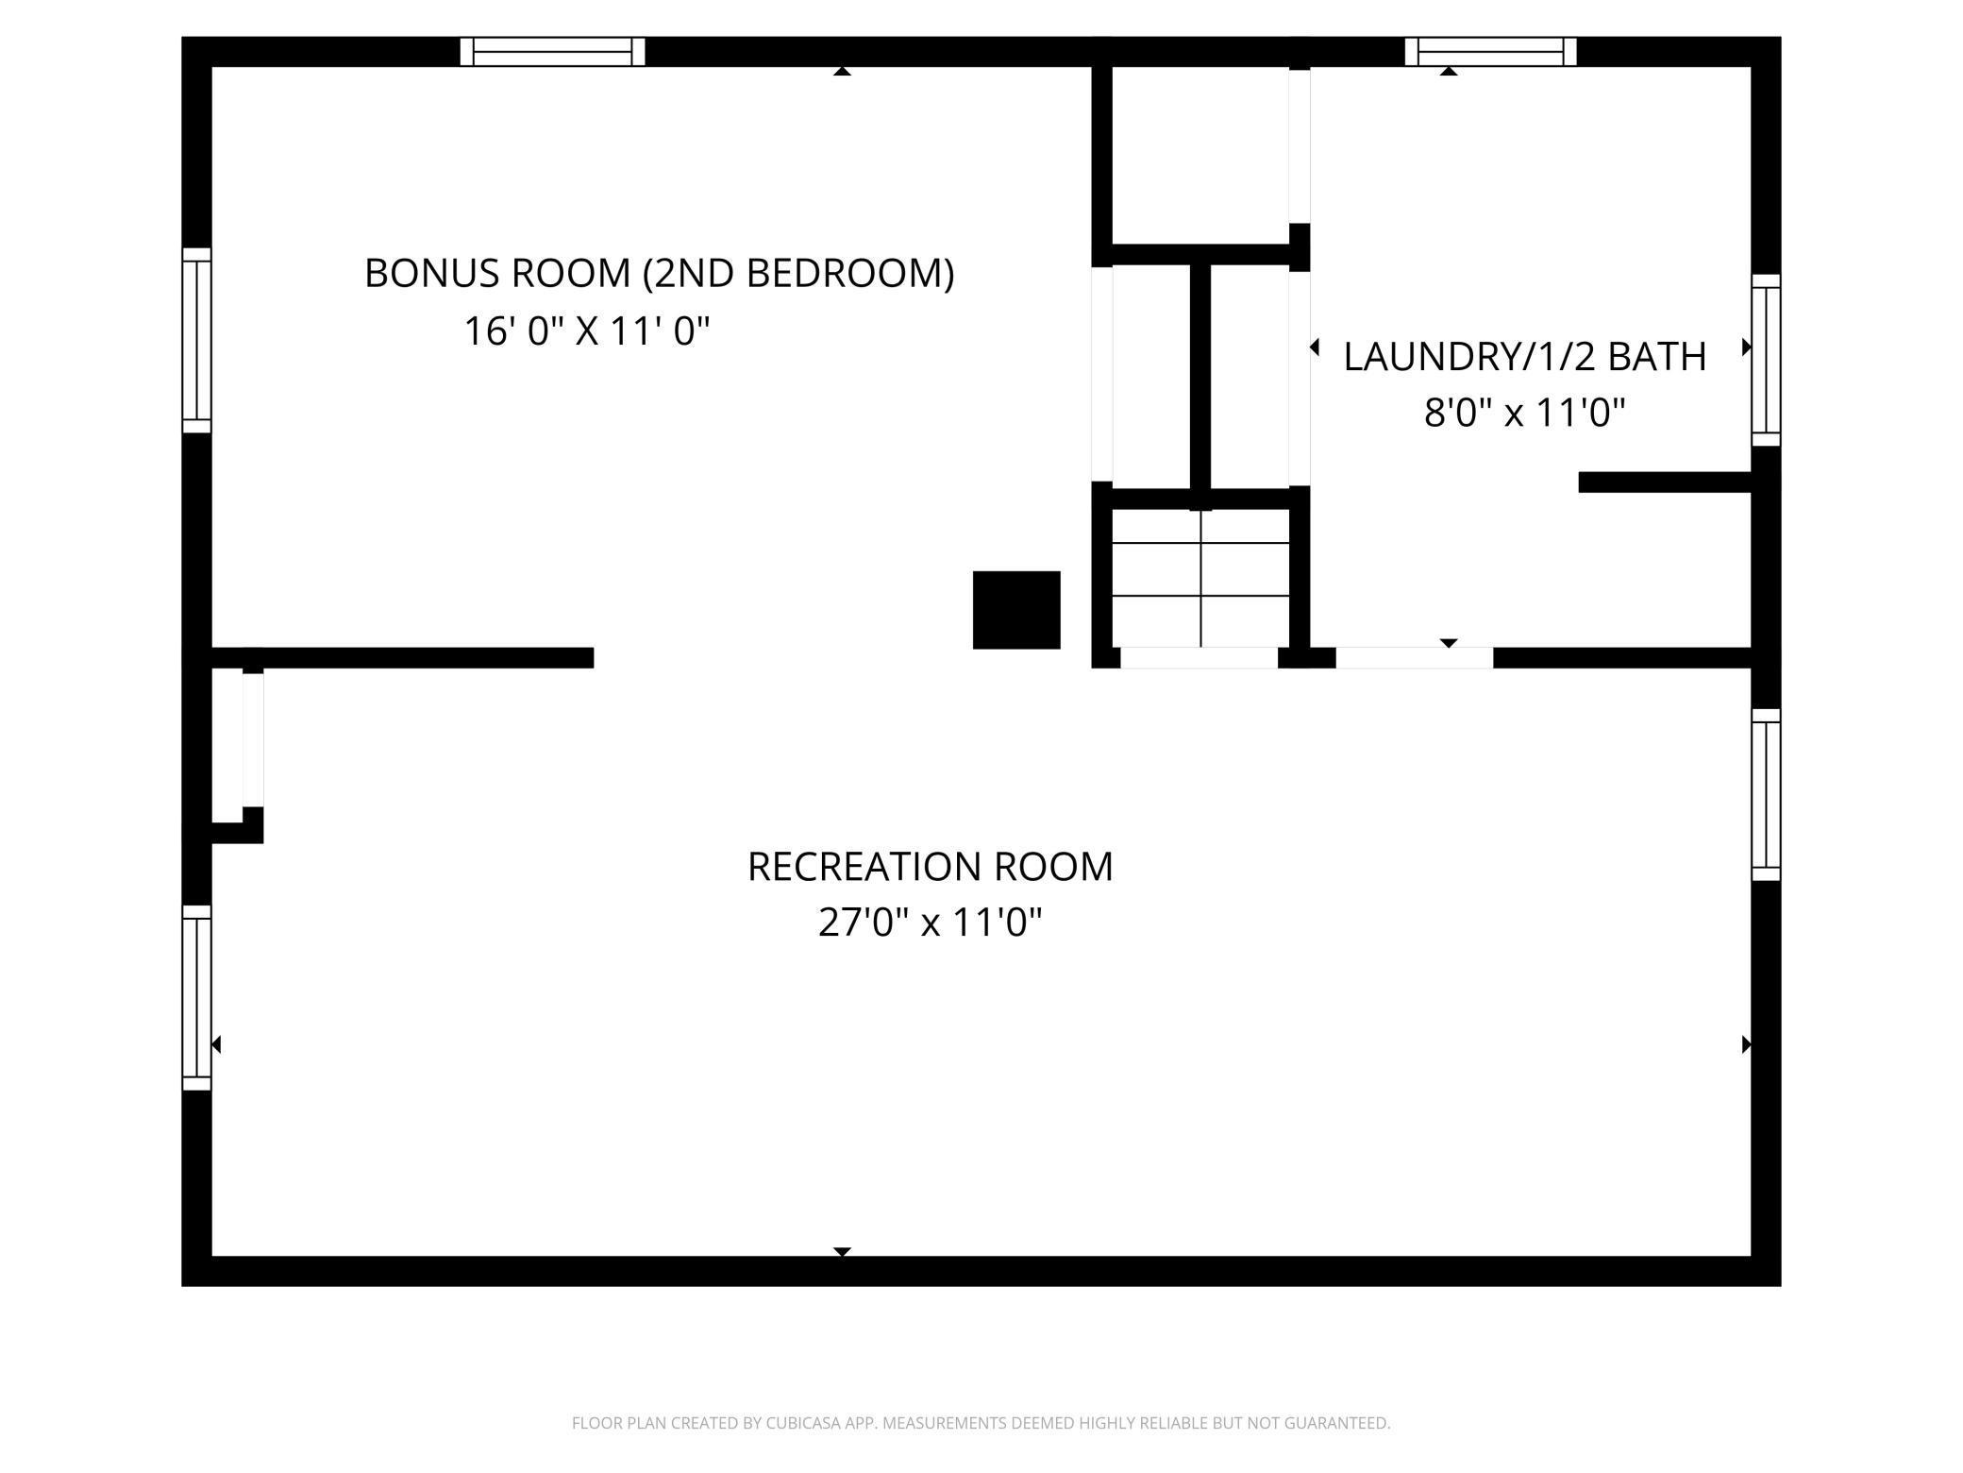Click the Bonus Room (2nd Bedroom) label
point(659,274)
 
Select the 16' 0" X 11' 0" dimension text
point(586,331)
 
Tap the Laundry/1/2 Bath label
point(1524,357)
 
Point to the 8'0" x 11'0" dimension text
point(1524,413)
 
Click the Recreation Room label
point(930,867)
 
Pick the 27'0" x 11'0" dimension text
point(930,923)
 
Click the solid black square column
point(1016,610)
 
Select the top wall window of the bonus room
point(552,51)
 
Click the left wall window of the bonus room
point(196,340)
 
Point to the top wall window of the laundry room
point(1490,51)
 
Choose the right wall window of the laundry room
point(1766,360)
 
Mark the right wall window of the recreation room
point(1766,794)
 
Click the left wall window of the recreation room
point(196,997)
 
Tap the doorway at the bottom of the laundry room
point(1414,658)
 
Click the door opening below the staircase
point(1199,658)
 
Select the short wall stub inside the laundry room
point(1665,482)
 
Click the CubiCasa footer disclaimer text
point(981,1422)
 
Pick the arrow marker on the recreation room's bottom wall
point(843,1251)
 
